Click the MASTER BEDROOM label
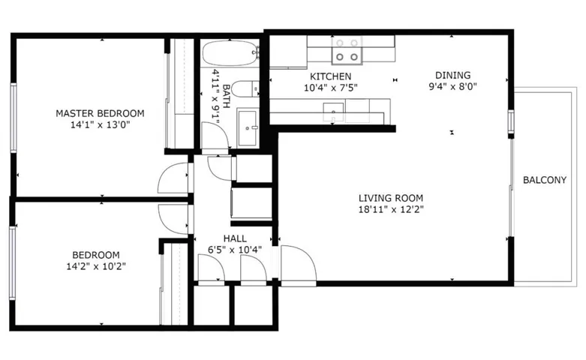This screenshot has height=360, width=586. coord(100,113)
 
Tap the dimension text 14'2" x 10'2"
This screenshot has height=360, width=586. coord(96,267)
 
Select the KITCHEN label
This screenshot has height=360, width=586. coord(331,76)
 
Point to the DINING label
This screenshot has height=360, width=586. coord(452,75)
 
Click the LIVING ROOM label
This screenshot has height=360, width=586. coord(391,198)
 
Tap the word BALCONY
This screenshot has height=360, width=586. coord(545,180)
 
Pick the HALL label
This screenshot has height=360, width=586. coord(235,238)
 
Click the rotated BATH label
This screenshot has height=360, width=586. coord(227,96)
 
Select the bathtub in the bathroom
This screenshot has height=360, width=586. coord(230,53)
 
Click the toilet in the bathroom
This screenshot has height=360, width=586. coord(245,89)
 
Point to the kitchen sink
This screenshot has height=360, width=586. coord(333,112)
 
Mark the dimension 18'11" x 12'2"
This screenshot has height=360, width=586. coord(391,209)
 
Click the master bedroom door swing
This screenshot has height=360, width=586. coord(173,178)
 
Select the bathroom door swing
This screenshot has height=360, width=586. coord(215,136)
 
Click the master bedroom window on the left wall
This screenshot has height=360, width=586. coord(14,118)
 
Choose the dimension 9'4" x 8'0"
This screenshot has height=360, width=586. coord(452,87)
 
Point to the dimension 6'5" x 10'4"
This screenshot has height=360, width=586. coord(235,250)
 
